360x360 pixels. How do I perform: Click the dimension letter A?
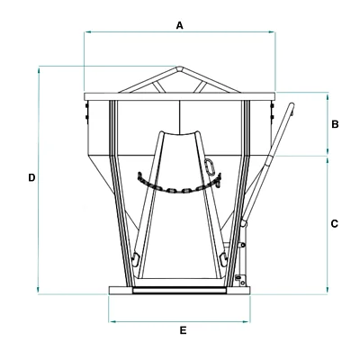179,25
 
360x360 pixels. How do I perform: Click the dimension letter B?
335,124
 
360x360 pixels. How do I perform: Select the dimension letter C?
335,224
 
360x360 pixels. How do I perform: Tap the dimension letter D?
31,177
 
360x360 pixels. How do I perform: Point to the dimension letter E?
183,330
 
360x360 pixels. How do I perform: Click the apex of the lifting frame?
179,67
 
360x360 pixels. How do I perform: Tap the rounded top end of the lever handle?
291,105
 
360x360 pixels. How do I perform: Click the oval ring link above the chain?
210,166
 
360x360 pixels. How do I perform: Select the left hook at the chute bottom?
135,259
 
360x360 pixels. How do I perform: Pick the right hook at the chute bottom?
223,259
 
